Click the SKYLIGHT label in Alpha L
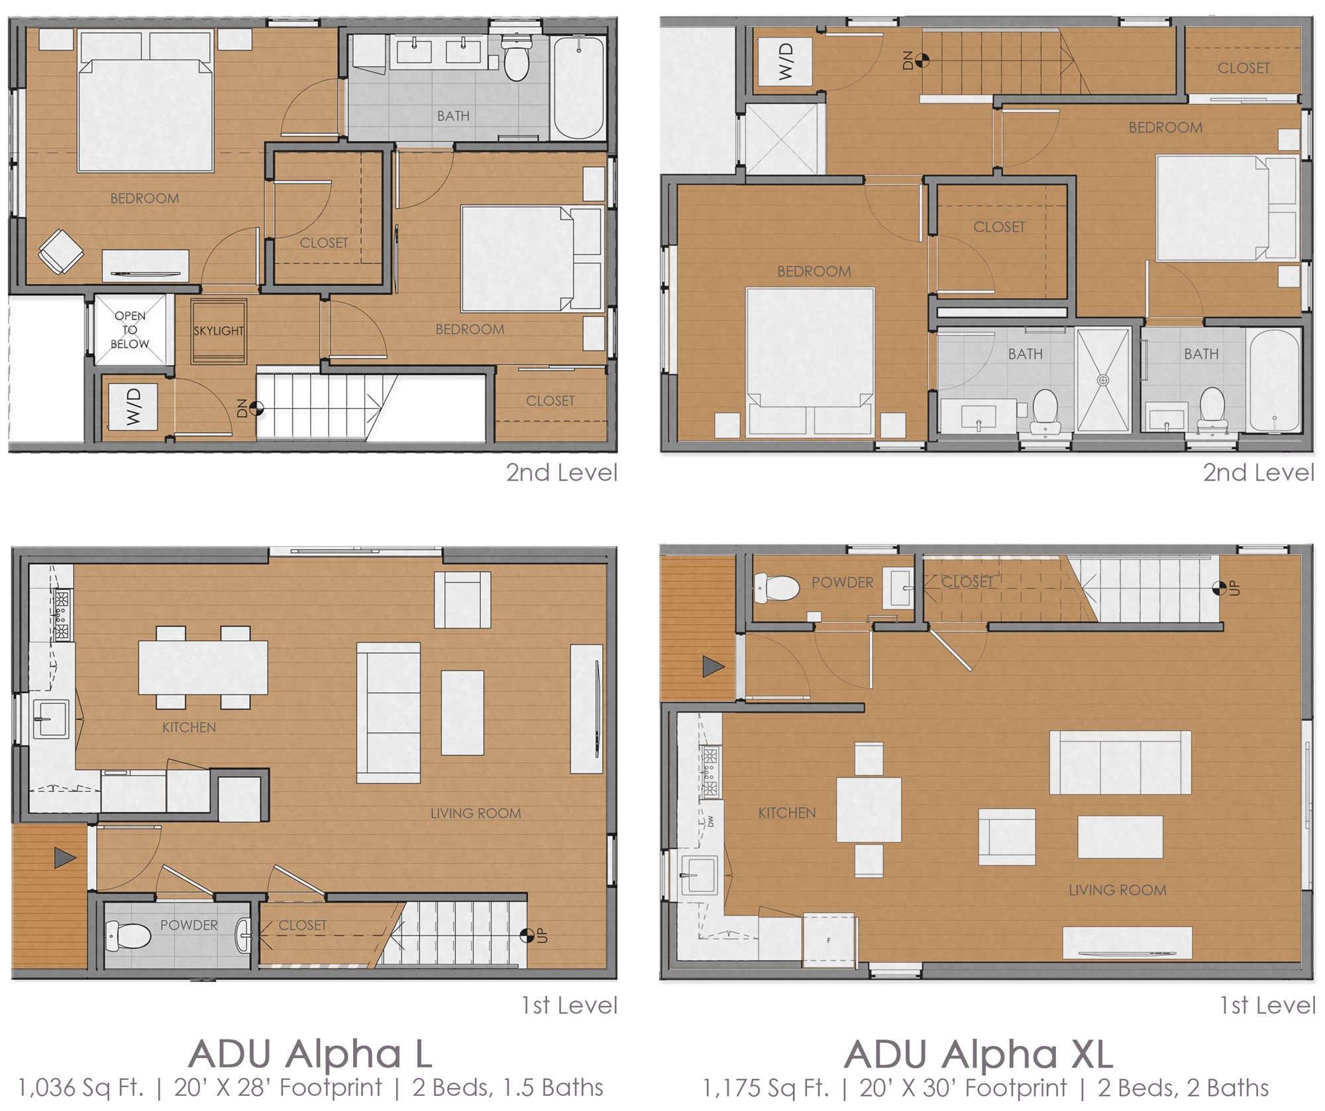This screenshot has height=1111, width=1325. click(x=218, y=330)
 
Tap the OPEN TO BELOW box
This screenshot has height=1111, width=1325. click(x=130, y=330)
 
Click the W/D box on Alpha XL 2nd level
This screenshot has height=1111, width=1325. click(x=785, y=62)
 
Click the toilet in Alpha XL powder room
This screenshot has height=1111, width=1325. click(x=776, y=587)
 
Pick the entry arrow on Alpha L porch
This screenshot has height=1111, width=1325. click(x=64, y=858)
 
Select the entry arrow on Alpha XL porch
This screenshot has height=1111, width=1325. click(x=713, y=666)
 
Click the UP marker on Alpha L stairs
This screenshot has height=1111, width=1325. click(x=528, y=935)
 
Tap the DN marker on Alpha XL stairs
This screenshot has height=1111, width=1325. click(x=922, y=60)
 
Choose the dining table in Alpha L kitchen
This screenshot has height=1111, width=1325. click(x=203, y=667)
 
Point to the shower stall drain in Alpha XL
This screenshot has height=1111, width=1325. click(x=1103, y=380)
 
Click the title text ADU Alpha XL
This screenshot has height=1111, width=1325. click(x=979, y=1053)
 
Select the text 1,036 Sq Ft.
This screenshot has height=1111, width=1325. click(x=79, y=1088)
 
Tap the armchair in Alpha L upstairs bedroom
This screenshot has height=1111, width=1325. click(x=61, y=251)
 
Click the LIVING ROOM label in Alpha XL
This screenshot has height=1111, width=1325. click(x=1117, y=890)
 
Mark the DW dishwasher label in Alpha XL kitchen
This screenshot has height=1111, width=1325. click(x=711, y=821)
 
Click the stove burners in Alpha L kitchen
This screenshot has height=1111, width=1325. click(x=62, y=616)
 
